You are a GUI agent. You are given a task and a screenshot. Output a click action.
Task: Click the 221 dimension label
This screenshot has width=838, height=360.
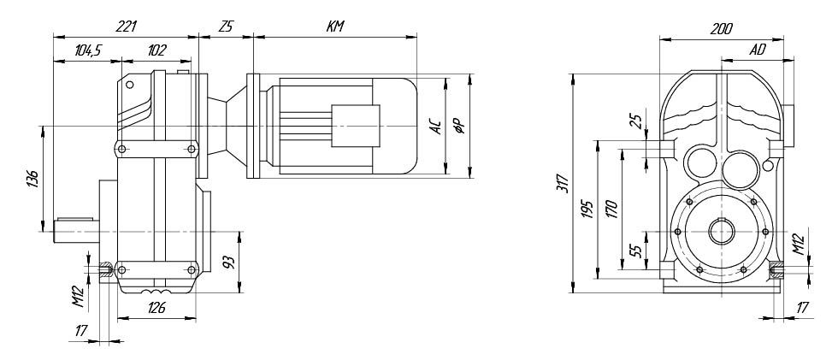tap(127, 27)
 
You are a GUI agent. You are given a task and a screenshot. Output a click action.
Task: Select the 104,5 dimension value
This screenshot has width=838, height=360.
tap(88, 50)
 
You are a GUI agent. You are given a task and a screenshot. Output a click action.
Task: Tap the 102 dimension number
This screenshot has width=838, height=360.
tap(156, 50)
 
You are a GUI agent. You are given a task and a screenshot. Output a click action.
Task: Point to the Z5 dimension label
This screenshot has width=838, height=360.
tap(226, 27)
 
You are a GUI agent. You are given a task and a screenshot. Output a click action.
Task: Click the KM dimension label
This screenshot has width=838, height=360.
tap(335, 27)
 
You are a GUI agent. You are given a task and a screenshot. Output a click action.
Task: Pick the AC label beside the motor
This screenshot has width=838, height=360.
tap(437, 127)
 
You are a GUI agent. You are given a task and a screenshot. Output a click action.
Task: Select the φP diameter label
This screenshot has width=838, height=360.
tap(459, 125)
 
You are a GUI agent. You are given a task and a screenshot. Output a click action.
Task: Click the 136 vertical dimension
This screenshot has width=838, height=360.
tap(32, 180)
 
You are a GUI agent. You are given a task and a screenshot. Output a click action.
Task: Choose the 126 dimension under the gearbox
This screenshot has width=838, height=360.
tap(156, 308)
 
